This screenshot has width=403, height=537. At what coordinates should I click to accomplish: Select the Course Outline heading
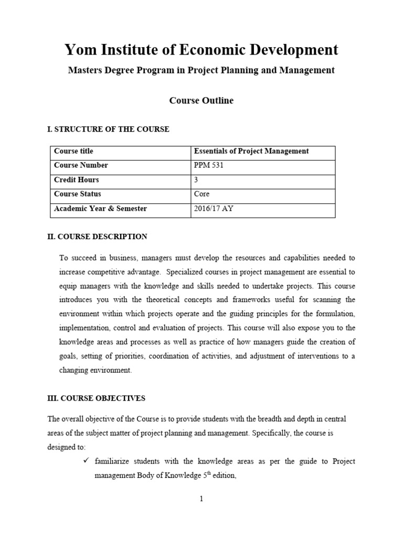tap(201, 101)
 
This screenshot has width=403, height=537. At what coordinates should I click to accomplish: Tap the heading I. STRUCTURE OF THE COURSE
tap(108, 129)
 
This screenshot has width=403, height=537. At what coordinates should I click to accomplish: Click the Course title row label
tap(73, 151)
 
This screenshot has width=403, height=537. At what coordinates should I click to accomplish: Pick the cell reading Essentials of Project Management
tap(251, 151)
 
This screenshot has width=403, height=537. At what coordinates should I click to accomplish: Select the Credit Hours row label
tap(77, 180)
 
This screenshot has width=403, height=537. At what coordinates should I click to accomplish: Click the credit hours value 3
tap(196, 180)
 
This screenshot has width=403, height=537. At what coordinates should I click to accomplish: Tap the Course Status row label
tap(77, 194)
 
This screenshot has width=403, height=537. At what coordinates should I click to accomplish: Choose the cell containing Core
tap(201, 194)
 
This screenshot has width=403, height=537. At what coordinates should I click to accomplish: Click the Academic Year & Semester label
tap(100, 209)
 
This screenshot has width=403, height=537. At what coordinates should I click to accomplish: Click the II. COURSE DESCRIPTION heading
tap(97, 237)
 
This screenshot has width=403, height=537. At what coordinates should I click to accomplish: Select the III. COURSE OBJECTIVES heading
tap(96, 398)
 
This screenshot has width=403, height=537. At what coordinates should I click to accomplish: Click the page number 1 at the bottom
tap(201, 499)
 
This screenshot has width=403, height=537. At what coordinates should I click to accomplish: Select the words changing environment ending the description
tap(96, 370)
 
